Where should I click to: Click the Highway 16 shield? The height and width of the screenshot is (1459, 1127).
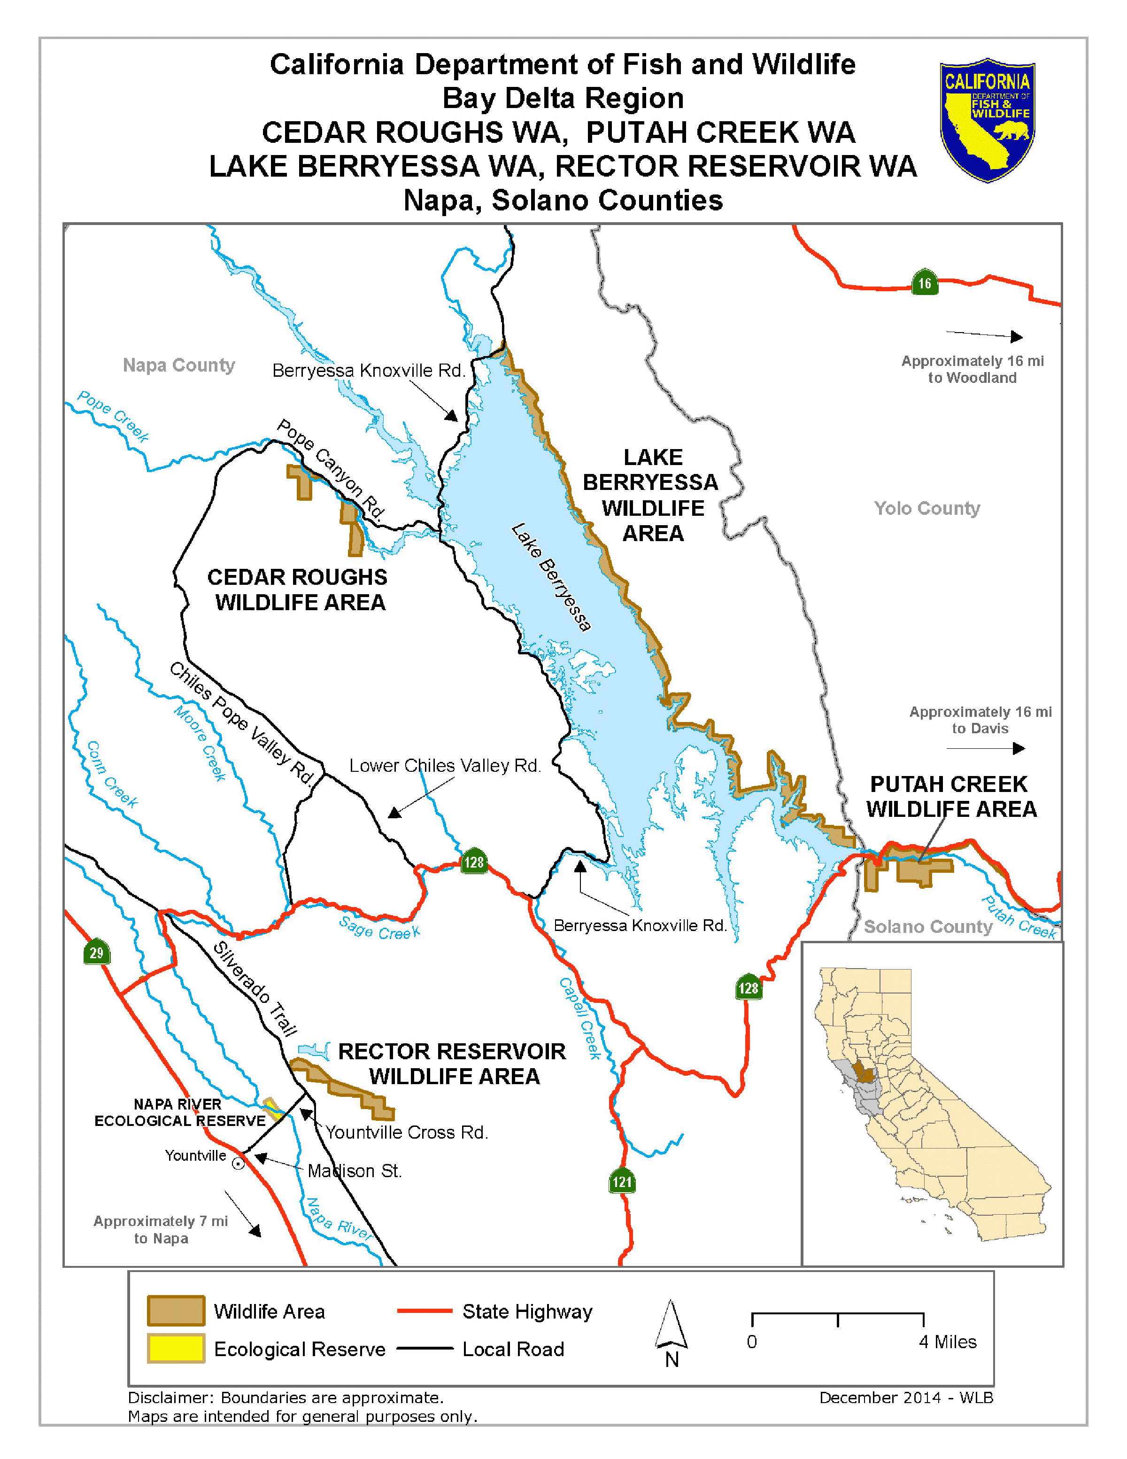tap(924, 283)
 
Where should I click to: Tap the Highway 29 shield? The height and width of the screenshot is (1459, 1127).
tap(96, 953)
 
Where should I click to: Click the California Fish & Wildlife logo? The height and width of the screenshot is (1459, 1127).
tap(987, 120)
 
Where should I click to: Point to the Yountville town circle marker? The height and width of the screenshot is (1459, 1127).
tap(238, 1163)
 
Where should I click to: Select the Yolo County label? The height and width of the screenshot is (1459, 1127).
tap(926, 508)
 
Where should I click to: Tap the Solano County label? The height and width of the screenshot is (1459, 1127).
tap(928, 927)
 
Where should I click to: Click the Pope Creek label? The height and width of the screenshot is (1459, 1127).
tap(113, 417)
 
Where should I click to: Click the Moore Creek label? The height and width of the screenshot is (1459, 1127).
tap(200, 743)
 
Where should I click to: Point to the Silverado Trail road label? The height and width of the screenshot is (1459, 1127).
tap(255, 988)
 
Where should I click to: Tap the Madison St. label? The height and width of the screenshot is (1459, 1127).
tap(355, 1171)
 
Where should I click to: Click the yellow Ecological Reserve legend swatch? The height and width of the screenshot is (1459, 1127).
tap(176, 1348)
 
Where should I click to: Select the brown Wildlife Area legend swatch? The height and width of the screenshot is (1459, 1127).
tap(176, 1310)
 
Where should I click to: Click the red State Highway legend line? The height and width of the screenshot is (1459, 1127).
tap(425, 1311)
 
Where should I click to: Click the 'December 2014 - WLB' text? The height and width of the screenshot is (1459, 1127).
tap(906, 1397)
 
